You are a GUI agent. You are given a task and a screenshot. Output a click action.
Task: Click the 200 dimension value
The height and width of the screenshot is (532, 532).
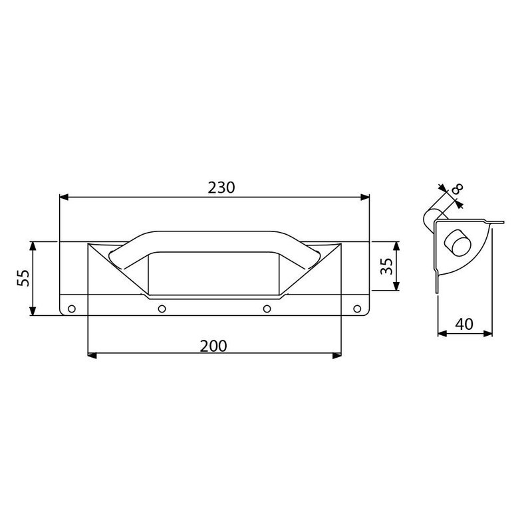[x=213, y=346]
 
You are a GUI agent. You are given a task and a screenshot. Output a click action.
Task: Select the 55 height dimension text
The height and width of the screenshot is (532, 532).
[x=21, y=278]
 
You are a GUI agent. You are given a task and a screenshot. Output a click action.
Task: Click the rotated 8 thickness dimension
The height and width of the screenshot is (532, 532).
[x=457, y=191]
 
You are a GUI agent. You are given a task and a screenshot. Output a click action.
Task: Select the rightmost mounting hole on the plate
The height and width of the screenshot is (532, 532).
[x=356, y=309]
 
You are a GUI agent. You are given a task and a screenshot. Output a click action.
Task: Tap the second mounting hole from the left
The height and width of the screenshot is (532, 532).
[x=162, y=309]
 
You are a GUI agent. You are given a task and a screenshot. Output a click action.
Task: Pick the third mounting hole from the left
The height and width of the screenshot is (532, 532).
[x=267, y=309]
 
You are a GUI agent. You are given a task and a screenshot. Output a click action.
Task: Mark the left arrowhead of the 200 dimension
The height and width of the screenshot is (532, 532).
[x=92, y=356]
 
